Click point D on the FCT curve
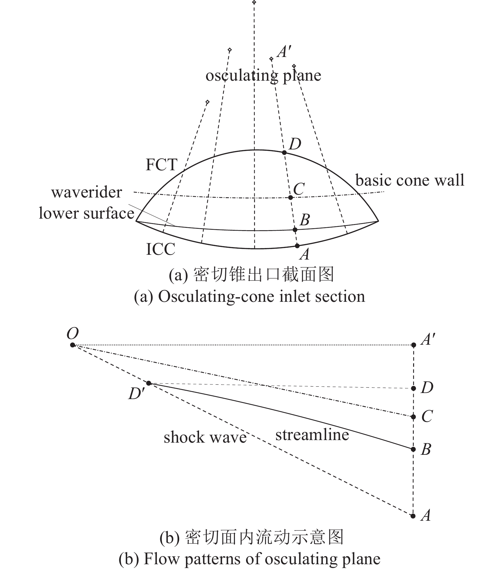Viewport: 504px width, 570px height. [x=284, y=153]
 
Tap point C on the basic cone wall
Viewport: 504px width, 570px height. [x=290, y=197]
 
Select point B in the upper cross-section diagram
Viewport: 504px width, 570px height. [x=295, y=229]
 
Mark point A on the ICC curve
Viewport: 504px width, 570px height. [x=297, y=246]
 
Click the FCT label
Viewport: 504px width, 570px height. [x=161, y=165]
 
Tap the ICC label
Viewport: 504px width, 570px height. [x=161, y=249]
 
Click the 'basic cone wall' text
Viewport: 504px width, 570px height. [x=410, y=180]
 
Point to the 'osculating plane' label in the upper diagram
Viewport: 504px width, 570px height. [x=263, y=76]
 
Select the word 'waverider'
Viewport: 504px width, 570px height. [x=86, y=192]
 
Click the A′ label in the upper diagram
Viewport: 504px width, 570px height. [x=284, y=52]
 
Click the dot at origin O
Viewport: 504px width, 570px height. [x=73, y=345]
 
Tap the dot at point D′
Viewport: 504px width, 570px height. [x=148, y=383]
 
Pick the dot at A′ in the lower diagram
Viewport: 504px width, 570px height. [x=413, y=345]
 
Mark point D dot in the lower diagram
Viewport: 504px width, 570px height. [x=413, y=388]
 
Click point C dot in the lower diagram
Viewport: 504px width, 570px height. [x=413, y=417]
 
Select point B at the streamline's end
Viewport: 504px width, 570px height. [x=413, y=449]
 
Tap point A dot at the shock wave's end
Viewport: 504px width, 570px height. [x=413, y=516]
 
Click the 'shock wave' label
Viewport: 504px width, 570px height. [x=205, y=437]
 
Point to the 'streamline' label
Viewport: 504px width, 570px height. [x=312, y=435]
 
